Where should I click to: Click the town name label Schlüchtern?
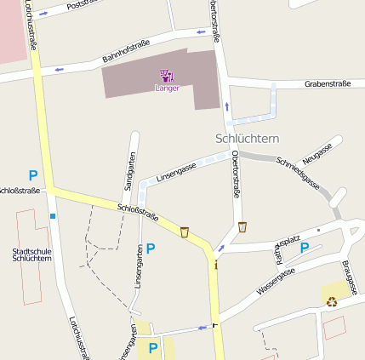click(247, 138)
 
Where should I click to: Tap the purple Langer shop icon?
click(167, 76)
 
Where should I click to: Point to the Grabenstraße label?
click(328, 84)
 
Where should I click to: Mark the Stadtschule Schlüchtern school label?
click(32, 254)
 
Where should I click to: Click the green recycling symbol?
click(331, 300)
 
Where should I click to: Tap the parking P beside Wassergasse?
click(305, 248)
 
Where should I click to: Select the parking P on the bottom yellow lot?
click(153, 347)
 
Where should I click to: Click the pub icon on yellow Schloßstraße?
click(185, 231)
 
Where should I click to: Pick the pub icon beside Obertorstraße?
click(242, 227)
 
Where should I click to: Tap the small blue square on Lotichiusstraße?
click(52, 216)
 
